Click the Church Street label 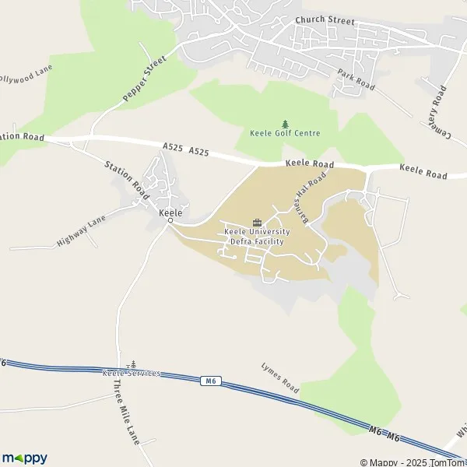[325, 21]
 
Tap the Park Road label [356, 79]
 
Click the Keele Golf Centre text [285, 133]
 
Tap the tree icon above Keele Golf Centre [285, 123]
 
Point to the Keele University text [257, 232]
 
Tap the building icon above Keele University [257, 223]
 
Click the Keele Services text [132, 373]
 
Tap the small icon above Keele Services [132, 363]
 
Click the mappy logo [24, 458]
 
